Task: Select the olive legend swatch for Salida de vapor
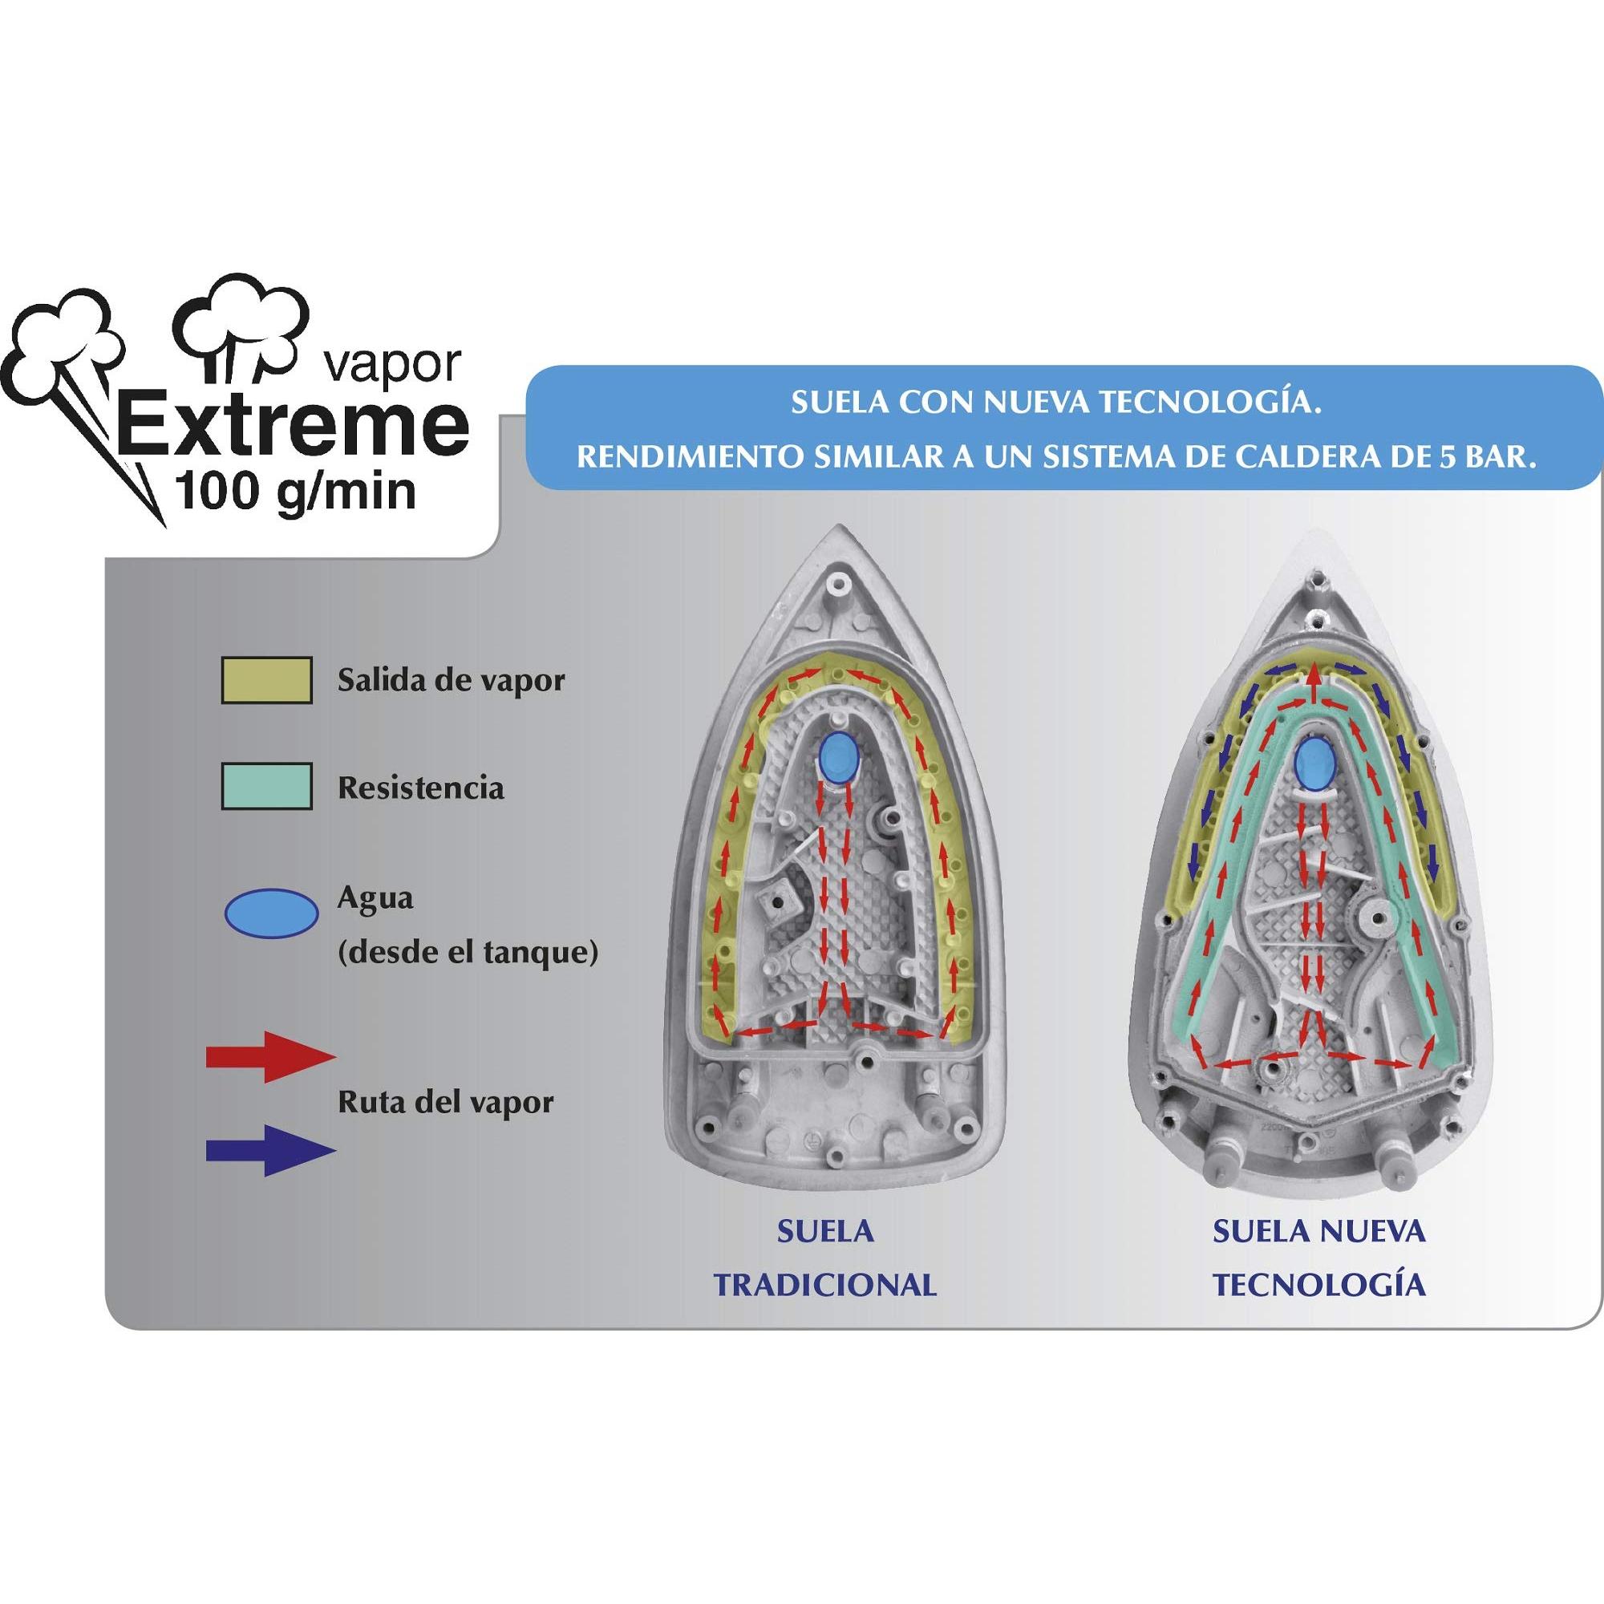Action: coord(266,681)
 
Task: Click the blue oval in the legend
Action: coord(272,915)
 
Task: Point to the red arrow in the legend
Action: coord(270,1057)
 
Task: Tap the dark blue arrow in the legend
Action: coord(270,1150)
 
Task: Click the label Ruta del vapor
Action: coord(446,1104)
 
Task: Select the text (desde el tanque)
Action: coord(468,954)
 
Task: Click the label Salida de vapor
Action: coord(451,681)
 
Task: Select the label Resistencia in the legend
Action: coord(421,787)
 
